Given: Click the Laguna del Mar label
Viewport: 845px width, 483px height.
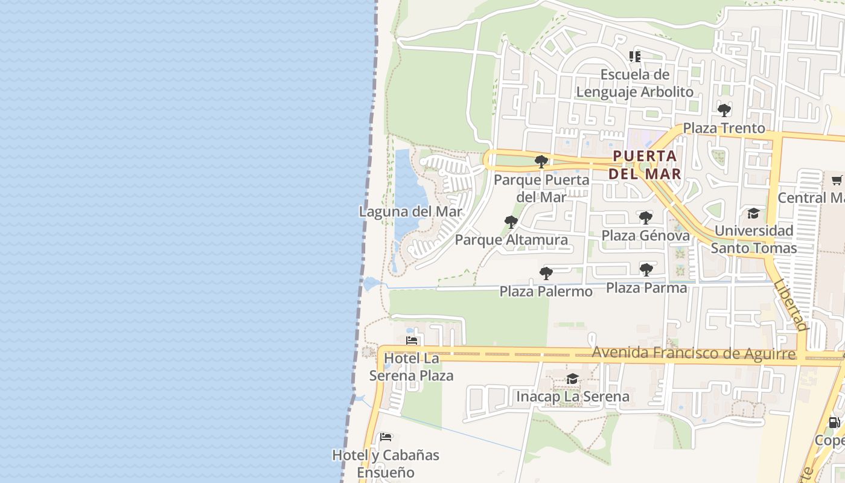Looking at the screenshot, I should point(410,212).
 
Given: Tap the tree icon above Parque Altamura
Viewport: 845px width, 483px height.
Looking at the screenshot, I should point(511,222).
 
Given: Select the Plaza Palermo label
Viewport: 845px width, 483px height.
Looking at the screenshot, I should point(546,292).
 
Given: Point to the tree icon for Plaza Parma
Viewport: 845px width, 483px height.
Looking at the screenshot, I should point(646,269).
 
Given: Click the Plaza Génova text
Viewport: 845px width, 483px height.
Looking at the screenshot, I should point(646,235).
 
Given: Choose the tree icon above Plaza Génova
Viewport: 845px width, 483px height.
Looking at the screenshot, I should point(646,217).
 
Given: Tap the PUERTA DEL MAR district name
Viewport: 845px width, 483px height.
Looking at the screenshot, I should point(645,165).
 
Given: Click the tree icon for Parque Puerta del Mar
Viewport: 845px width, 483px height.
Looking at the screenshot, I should point(541,161).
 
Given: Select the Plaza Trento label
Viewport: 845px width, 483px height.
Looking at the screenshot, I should point(724,128).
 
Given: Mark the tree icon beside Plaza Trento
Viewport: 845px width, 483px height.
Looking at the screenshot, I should point(724,110).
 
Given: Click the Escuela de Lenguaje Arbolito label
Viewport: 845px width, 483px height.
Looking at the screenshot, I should point(635,83).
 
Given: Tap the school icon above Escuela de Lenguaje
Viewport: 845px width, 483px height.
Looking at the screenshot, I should point(635,57).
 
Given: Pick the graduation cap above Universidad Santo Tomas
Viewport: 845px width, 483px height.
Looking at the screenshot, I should point(753,213).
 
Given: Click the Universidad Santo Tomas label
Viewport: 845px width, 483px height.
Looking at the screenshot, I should point(753,239).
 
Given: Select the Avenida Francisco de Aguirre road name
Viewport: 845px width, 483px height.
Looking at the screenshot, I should point(694,353).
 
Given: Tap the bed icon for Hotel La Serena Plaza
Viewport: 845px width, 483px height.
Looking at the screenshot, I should point(412,341).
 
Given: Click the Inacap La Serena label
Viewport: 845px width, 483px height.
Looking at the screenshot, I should point(572,397).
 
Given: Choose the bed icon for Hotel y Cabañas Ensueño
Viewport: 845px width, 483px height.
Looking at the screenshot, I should point(386,437).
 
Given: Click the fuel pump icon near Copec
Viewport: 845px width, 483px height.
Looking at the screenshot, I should point(834,423).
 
